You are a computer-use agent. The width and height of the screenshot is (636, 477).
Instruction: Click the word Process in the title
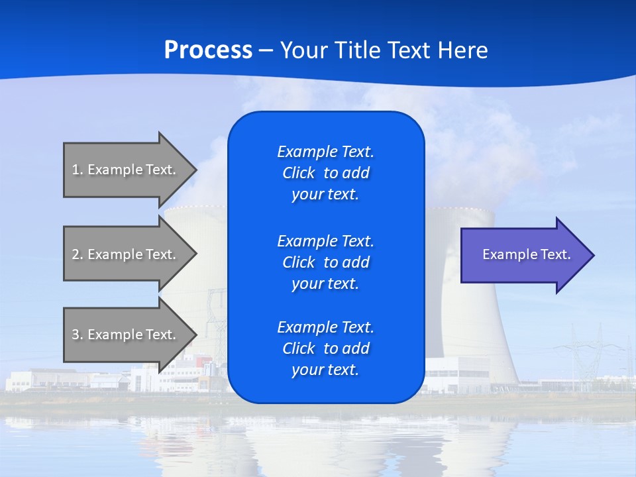(x=208, y=50)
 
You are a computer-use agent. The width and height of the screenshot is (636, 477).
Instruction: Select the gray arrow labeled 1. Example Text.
(x=126, y=170)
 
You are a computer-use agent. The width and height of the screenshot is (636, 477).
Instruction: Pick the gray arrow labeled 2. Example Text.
(x=126, y=254)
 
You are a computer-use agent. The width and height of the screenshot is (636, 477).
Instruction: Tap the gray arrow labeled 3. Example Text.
(x=126, y=335)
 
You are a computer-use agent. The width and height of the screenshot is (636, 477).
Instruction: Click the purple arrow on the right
(x=523, y=255)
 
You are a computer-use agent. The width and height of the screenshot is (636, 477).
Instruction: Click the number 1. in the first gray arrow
(x=78, y=170)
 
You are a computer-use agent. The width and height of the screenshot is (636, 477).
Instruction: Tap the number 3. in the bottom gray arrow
(x=78, y=335)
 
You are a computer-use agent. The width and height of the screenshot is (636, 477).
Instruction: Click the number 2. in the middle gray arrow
(x=78, y=254)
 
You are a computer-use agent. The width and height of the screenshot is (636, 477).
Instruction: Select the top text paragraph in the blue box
(x=325, y=173)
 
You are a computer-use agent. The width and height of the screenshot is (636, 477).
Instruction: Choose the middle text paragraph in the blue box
(x=325, y=262)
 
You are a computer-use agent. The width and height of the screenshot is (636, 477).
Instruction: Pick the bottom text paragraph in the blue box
(x=325, y=348)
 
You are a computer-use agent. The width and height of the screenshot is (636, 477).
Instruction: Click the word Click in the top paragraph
(x=298, y=173)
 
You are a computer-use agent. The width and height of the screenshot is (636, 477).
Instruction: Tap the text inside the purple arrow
(x=526, y=254)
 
